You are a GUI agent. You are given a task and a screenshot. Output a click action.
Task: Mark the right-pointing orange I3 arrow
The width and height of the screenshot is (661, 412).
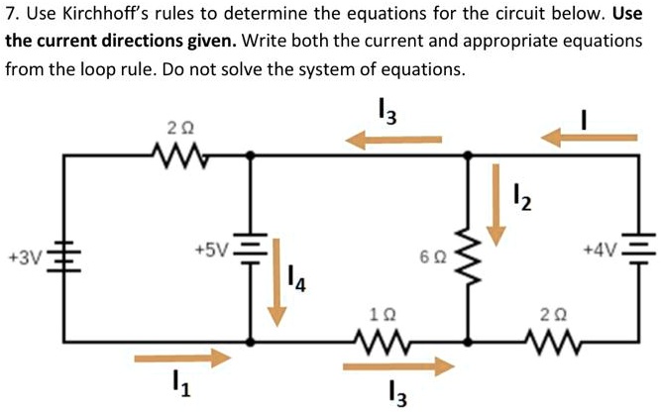[397, 365]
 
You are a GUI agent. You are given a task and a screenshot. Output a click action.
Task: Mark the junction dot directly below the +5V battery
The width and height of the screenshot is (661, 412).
[250, 341]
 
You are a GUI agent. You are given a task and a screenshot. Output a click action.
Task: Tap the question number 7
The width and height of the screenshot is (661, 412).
[11, 17]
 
